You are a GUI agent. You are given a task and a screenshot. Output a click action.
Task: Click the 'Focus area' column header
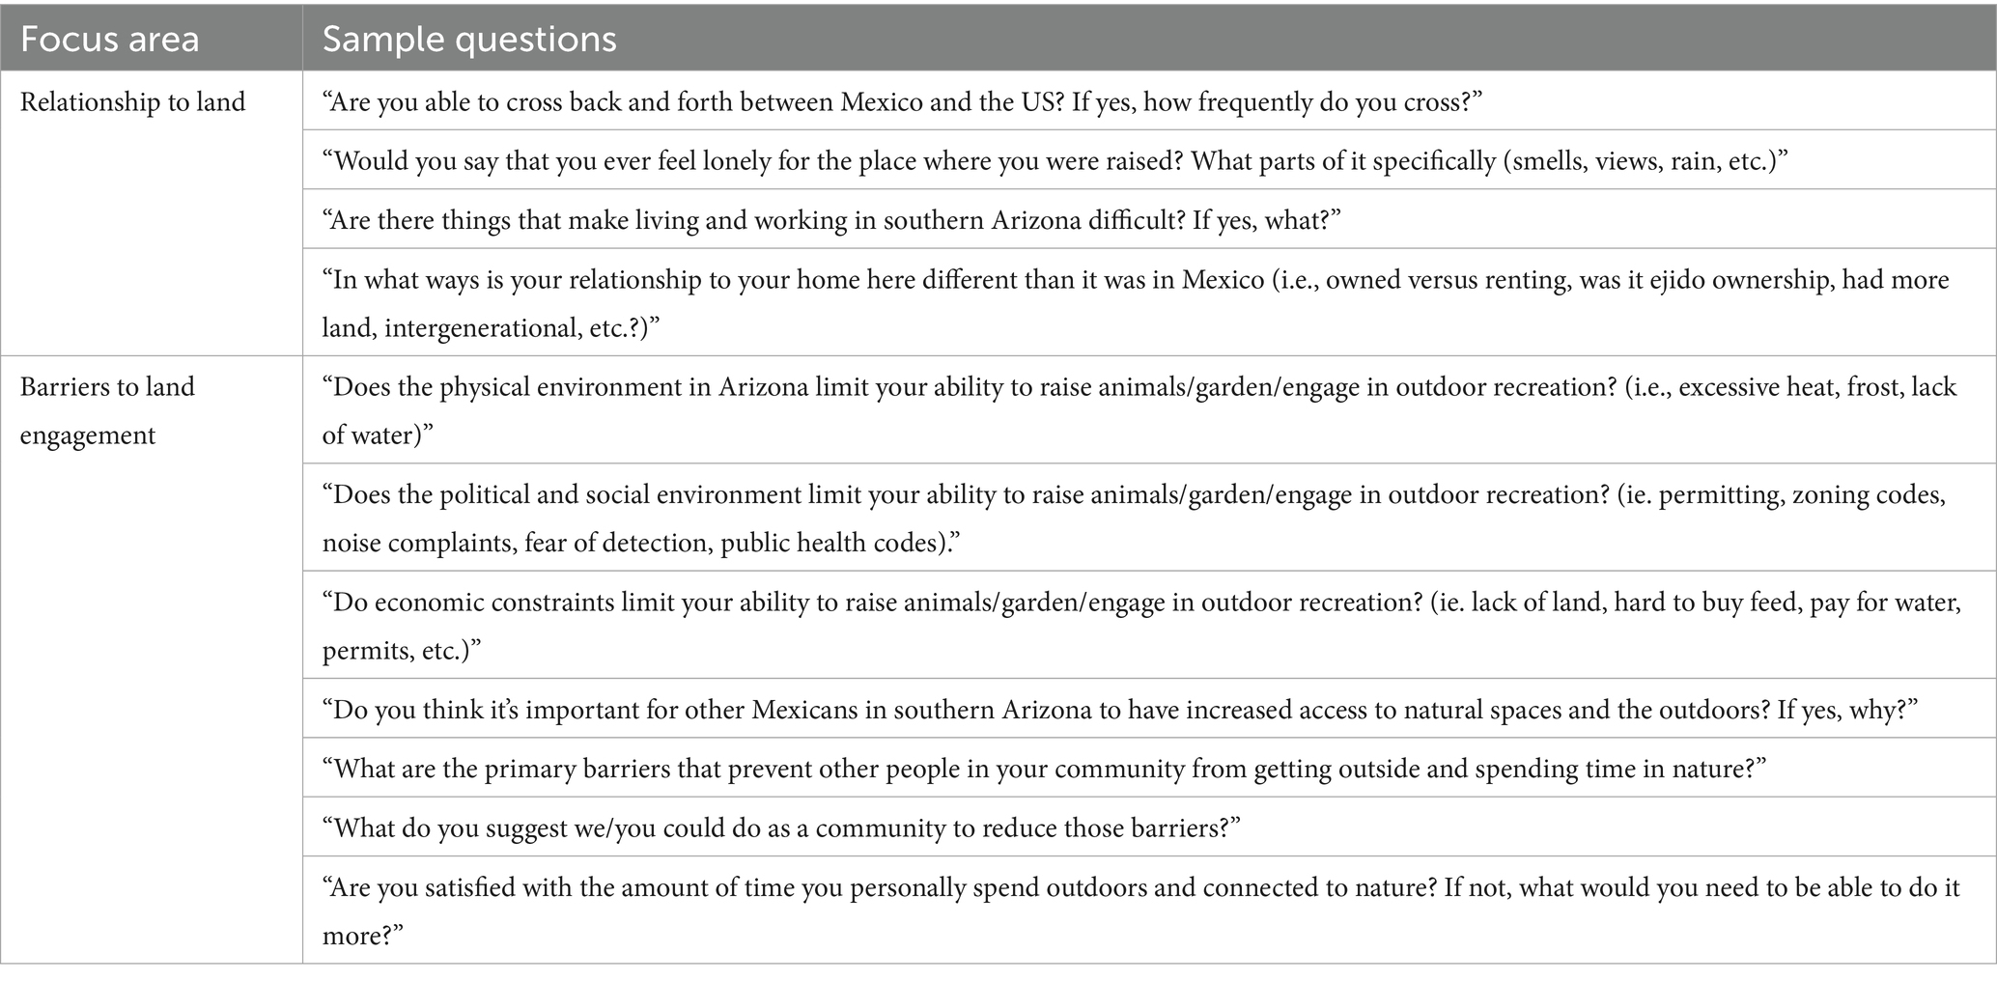click(x=109, y=40)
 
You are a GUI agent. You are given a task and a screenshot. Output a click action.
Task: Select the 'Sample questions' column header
click(x=469, y=40)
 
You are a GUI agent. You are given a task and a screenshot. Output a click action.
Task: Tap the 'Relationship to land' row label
click(x=133, y=102)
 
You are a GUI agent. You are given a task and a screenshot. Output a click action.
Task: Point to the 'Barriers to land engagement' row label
click(x=107, y=410)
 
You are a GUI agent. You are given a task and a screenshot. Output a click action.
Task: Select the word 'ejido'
click(x=1599, y=280)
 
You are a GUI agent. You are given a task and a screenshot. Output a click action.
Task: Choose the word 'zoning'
click(x=1834, y=495)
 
